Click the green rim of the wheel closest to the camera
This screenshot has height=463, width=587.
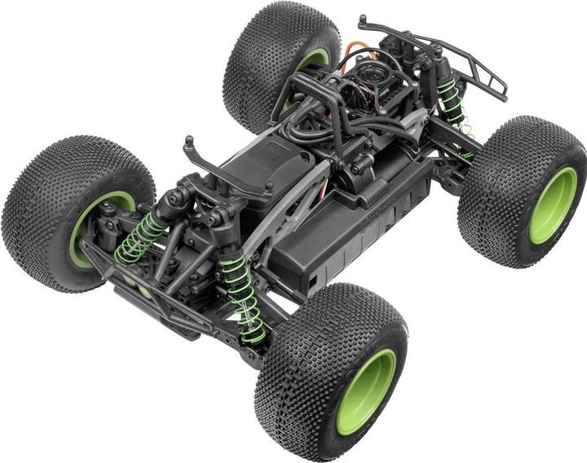click(x=364, y=391)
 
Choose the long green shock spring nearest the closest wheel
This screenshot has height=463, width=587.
click(x=244, y=298)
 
